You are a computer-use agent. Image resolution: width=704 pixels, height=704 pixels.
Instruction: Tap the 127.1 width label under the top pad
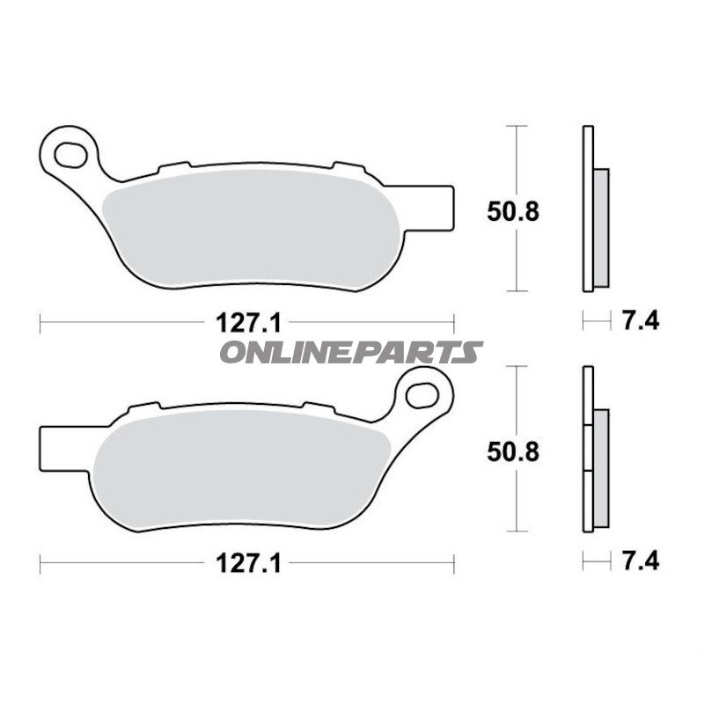(248, 323)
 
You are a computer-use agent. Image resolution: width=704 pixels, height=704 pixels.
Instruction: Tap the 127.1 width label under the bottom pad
(248, 563)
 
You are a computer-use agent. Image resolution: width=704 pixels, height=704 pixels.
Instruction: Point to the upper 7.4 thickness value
(641, 322)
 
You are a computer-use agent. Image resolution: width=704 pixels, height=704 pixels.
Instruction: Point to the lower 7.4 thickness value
(641, 561)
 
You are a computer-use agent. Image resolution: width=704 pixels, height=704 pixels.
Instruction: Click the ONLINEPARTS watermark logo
(350, 353)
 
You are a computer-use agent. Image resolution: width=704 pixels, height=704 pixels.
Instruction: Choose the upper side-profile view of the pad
(591, 209)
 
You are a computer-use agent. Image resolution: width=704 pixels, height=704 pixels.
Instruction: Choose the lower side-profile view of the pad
(591, 450)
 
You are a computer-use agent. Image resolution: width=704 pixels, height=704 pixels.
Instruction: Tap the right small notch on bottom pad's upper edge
(319, 406)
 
